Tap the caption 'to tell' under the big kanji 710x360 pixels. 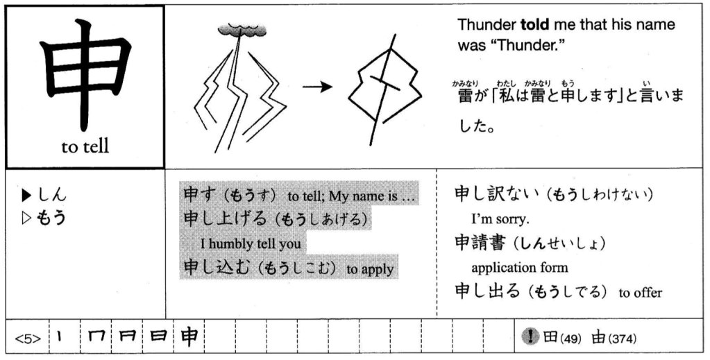click(85, 147)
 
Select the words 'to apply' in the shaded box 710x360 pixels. click(373, 269)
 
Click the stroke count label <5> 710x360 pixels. click(28, 340)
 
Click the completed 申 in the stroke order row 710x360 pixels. click(189, 338)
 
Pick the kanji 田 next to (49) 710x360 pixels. click(549, 338)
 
